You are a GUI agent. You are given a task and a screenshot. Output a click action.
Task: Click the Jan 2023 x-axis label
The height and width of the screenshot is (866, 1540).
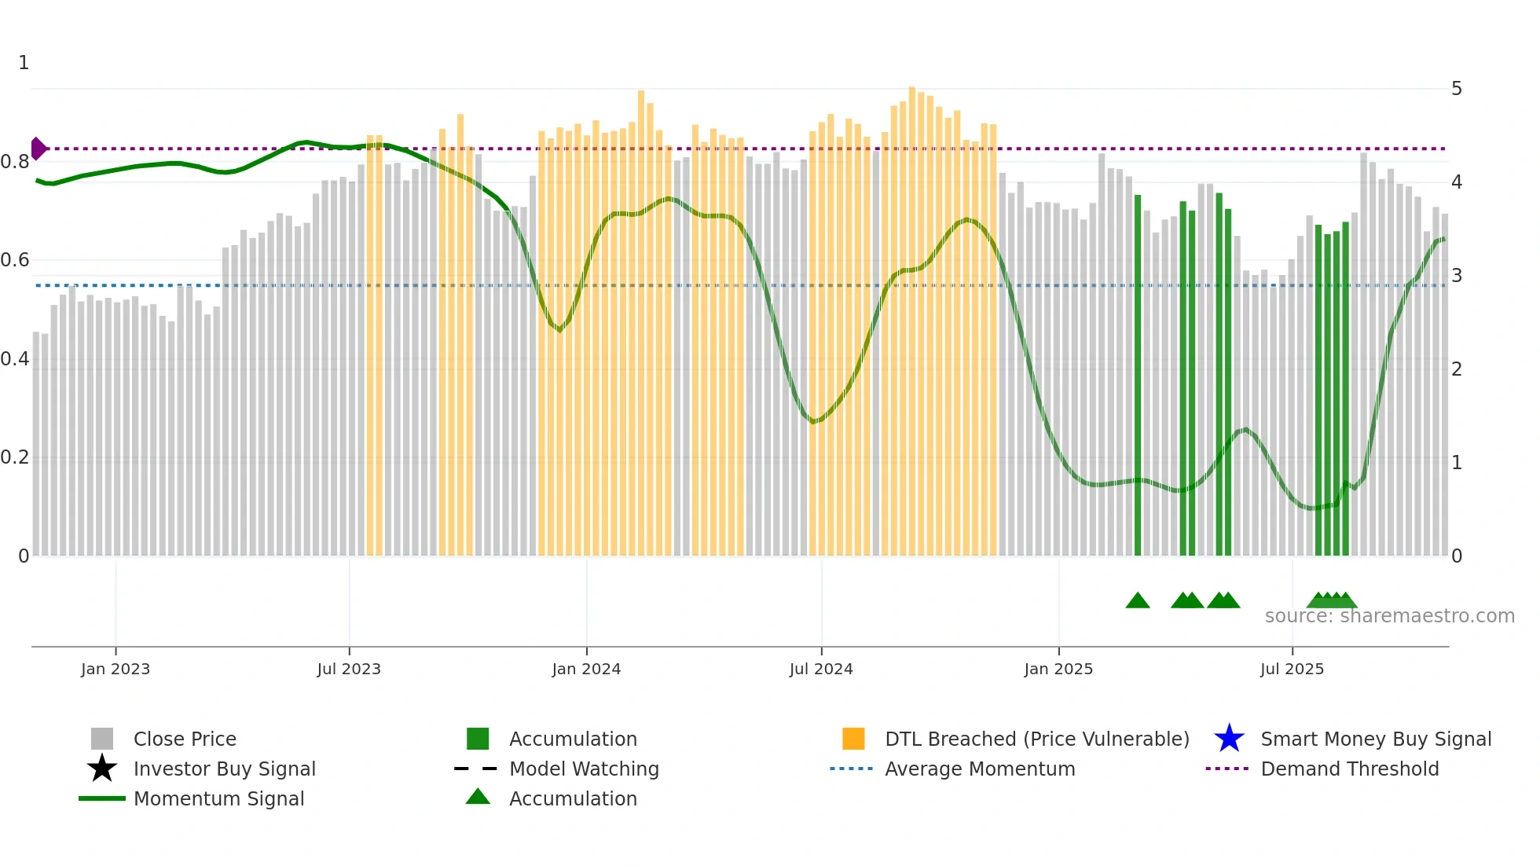[115, 669]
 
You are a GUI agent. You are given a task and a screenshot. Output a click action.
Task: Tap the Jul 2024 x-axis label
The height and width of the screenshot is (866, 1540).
[821, 669]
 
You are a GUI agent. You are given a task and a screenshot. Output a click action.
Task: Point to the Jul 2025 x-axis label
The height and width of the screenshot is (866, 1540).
[1292, 669]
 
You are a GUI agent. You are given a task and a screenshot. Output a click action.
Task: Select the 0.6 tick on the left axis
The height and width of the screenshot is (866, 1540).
[15, 260]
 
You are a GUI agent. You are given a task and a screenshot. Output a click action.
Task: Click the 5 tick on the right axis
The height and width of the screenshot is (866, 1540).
[1457, 89]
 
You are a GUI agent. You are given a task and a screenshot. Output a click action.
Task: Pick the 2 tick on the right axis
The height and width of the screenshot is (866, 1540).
[1457, 369]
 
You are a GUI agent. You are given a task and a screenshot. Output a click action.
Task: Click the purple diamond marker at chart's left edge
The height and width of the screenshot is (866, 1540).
[38, 149]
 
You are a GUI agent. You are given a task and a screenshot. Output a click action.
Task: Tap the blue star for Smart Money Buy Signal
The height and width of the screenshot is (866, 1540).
[1229, 739]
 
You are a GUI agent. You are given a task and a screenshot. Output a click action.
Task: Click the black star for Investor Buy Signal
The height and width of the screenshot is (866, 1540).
[102, 769]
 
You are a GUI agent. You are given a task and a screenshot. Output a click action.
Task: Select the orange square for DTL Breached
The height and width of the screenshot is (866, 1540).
[853, 739]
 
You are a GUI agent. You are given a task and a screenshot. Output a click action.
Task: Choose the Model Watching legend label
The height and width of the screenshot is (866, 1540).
[584, 769]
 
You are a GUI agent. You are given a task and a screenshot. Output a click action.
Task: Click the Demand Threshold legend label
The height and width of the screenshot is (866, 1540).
[1349, 769]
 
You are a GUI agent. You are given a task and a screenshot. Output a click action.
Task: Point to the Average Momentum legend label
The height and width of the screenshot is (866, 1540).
[980, 769]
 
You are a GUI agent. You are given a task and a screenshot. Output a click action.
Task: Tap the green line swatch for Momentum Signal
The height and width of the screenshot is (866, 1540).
[102, 798]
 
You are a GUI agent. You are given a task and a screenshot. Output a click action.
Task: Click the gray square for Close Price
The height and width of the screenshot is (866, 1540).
[102, 739]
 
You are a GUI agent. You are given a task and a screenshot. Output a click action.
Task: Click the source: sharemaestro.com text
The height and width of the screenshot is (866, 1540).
[1389, 616]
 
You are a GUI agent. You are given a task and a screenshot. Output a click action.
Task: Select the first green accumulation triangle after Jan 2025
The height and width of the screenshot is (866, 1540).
[1138, 601]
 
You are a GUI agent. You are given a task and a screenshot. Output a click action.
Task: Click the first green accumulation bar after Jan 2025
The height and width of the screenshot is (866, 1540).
[1138, 377]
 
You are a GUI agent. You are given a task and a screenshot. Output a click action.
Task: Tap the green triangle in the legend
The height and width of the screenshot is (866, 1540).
[478, 797]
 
